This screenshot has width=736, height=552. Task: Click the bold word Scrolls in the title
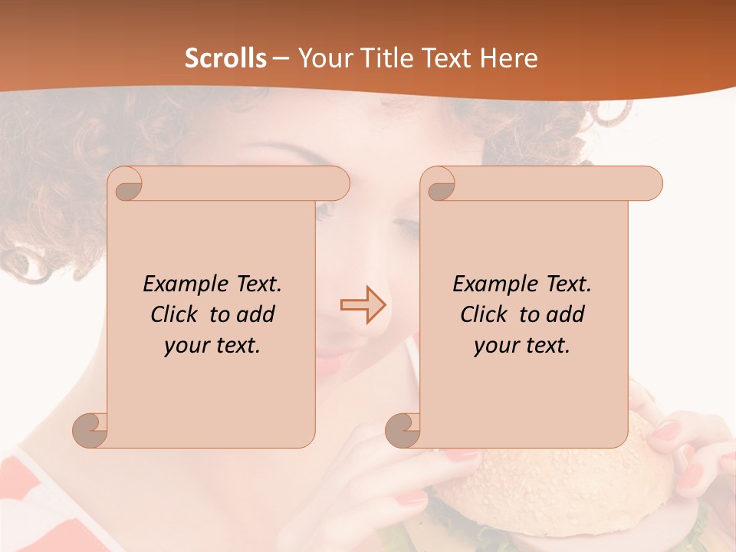(225, 58)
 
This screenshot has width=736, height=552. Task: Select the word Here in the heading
(508, 58)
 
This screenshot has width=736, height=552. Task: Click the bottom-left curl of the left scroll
(90, 430)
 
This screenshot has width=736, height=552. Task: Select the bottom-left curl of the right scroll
(403, 430)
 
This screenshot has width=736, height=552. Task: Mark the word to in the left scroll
(220, 315)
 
